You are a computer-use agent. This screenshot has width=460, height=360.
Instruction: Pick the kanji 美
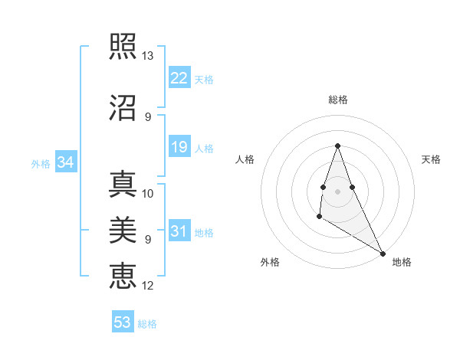(123, 227)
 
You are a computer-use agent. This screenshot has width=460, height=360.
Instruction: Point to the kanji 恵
(123, 274)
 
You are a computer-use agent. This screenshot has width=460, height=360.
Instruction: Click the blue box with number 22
(179, 77)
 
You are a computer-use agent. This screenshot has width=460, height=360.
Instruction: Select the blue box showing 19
(179, 147)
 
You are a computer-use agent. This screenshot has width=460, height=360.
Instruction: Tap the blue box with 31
(179, 231)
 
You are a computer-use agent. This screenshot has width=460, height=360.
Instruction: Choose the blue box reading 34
(65, 162)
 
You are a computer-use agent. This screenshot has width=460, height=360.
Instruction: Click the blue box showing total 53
(122, 322)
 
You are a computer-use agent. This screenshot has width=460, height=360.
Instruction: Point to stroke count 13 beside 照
(148, 57)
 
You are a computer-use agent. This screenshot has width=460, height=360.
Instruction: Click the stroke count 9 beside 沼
(148, 116)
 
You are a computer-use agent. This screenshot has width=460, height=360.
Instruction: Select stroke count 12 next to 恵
(148, 286)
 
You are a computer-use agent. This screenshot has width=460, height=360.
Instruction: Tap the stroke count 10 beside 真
(148, 194)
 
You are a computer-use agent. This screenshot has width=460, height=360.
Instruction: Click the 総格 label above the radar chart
(337, 100)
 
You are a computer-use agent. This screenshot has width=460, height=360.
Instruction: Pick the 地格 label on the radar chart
(402, 263)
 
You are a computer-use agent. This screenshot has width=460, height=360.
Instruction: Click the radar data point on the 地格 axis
(383, 253)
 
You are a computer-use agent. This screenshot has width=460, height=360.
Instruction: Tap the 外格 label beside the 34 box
(41, 164)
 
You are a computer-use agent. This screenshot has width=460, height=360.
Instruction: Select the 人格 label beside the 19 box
(204, 149)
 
